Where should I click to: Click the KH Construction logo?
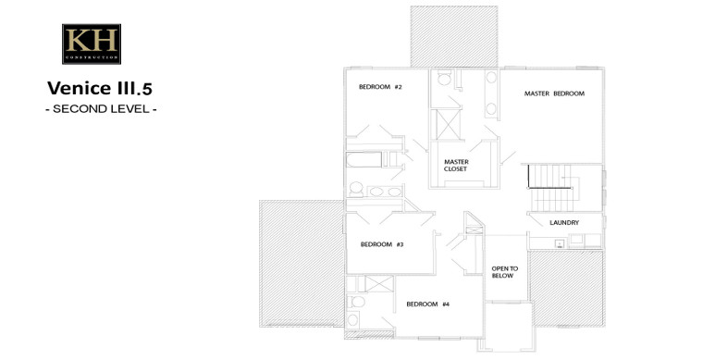pos(92,43)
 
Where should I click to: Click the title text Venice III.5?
pos(100,88)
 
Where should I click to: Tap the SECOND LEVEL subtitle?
pos(101,109)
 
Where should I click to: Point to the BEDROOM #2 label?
pos(380,87)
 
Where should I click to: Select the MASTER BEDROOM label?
pos(554,93)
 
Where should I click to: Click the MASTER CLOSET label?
pos(456,166)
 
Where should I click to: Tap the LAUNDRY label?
pos(564,222)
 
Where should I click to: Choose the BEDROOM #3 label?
pos(382,244)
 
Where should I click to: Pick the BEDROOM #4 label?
pos(427,304)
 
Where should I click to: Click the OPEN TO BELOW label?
pos(504,272)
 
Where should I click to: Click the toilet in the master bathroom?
pos(444,78)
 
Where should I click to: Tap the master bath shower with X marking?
pos(449,124)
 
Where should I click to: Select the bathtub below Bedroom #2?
pos(364,159)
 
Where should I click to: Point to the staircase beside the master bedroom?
pos(552,188)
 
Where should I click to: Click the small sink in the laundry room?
pos(560,244)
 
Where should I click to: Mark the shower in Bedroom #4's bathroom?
pos(379,284)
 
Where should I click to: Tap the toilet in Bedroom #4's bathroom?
pos(356,302)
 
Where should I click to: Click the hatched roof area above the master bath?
pos(454,36)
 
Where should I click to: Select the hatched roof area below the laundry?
pos(566,288)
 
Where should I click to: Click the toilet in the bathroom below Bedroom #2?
pos(356,189)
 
